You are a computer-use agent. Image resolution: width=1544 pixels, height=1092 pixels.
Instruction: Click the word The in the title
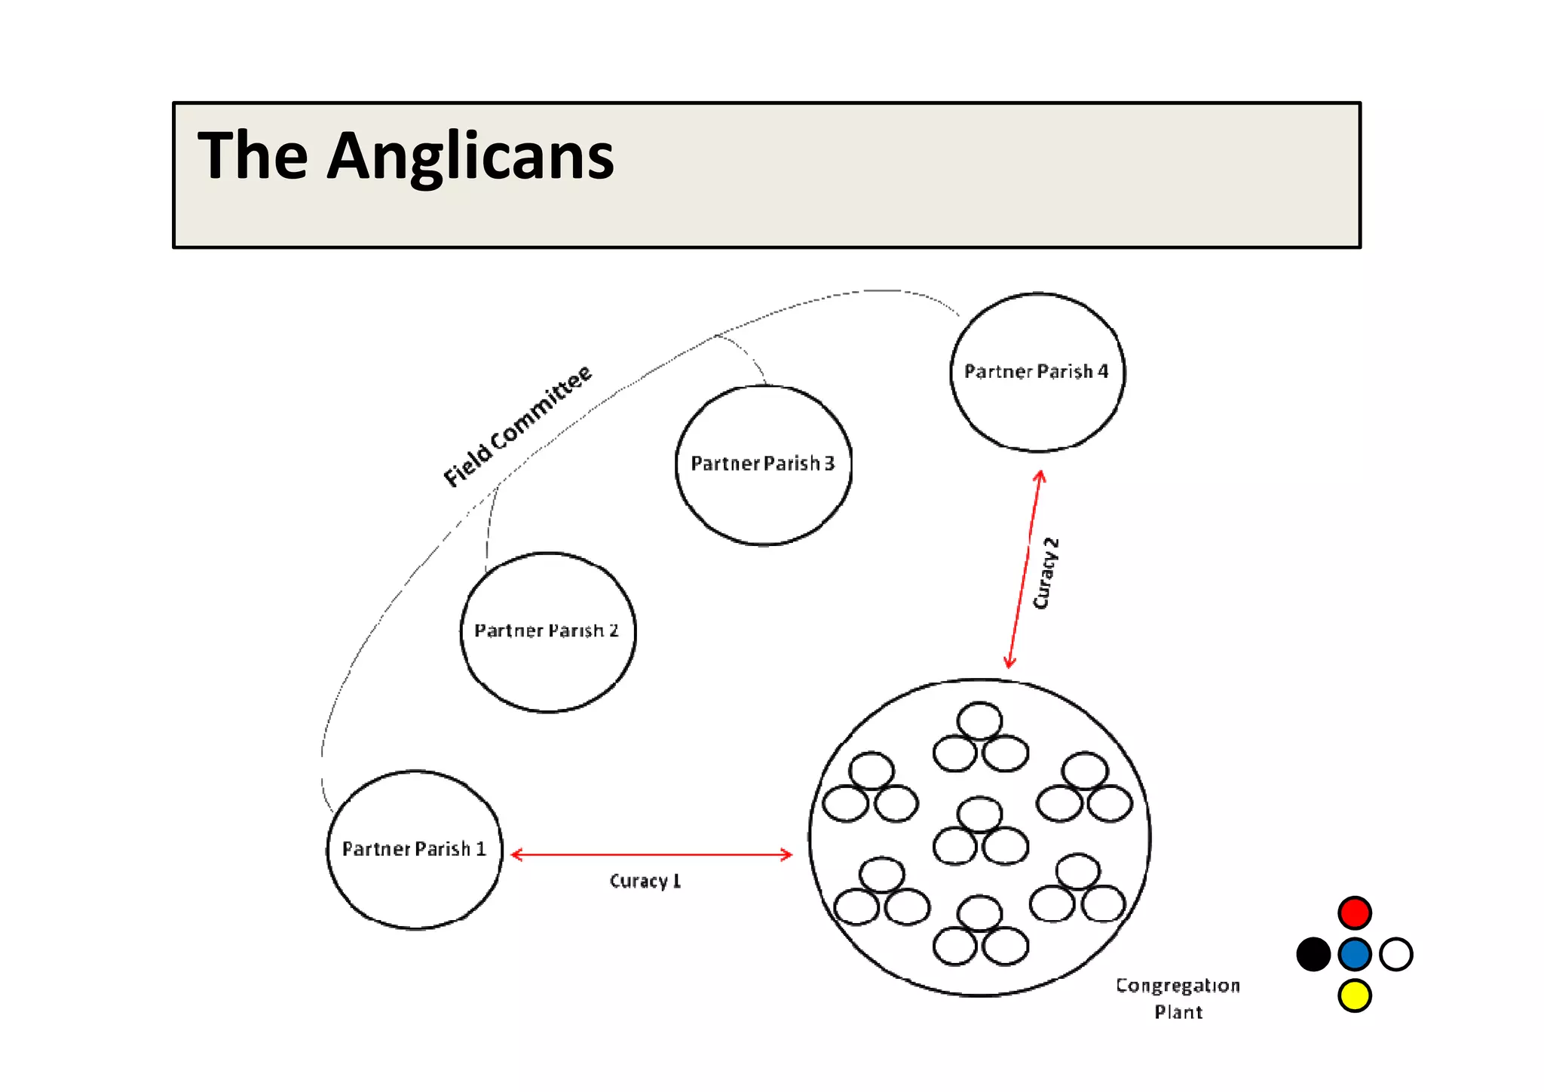253,155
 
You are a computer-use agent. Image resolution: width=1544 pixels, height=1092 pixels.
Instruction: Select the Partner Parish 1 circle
414,849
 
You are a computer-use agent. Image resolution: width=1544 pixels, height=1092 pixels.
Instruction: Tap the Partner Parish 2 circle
547,632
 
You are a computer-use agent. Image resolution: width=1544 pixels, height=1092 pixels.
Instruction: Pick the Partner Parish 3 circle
763,465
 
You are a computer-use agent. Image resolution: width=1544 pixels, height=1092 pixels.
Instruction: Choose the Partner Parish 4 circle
1037,372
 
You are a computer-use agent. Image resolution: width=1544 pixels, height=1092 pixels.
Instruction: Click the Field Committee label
517,426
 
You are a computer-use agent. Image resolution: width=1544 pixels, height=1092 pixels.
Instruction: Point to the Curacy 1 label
645,881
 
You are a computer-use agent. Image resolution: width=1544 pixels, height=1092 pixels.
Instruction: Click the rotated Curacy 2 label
1046,573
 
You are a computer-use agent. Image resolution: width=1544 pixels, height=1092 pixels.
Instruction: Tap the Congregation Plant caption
1178,998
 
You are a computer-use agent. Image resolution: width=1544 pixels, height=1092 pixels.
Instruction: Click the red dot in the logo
1354,913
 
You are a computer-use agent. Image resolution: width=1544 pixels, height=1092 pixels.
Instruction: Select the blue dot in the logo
1354,954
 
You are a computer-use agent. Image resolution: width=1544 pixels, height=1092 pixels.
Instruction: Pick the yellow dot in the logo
1354,995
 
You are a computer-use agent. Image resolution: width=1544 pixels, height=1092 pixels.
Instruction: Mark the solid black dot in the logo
1313,954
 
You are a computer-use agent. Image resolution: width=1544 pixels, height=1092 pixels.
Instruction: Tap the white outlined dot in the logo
1395,954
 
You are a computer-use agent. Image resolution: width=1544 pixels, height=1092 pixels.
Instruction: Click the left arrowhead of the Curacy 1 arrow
516,854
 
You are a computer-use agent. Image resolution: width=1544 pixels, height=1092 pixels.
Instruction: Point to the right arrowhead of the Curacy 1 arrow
787,854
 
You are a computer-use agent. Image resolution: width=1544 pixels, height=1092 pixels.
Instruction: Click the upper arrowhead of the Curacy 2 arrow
1040,475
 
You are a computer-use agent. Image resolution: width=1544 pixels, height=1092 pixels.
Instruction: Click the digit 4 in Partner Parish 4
1103,371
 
